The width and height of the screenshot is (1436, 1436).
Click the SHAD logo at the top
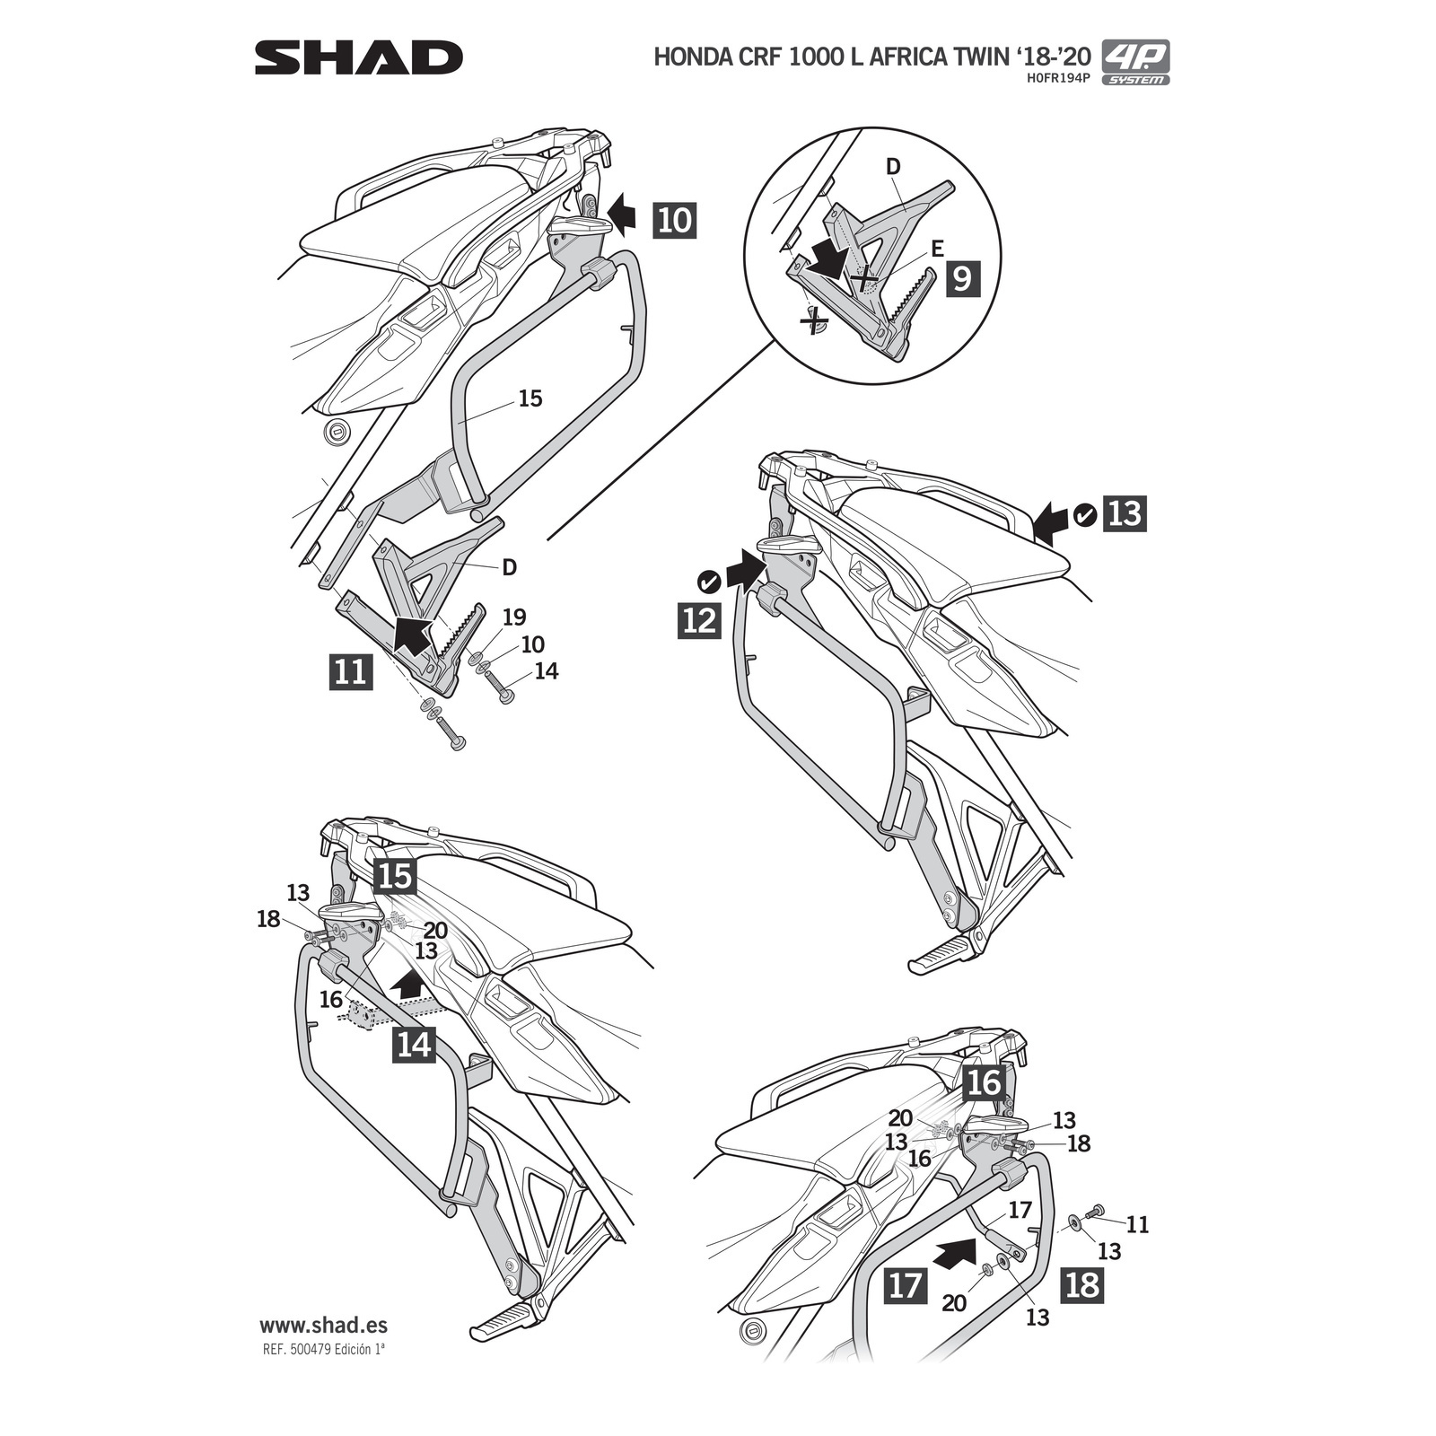click(x=358, y=58)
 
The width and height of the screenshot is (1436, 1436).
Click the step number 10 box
click(x=675, y=219)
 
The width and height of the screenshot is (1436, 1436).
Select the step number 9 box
click(x=960, y=278)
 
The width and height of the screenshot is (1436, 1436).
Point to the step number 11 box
click(x=350, y=670)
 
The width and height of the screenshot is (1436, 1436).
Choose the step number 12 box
click(x=699, y=620)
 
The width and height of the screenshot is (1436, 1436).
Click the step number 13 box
click(x=1125, y=513)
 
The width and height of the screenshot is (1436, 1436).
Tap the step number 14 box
click(x=414, y=1045)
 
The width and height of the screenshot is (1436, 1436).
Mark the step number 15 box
click(x=395, y=876)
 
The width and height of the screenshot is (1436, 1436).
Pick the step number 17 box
click(x=905, y=1284)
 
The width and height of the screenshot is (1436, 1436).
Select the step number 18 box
click(x=1082, y=1284)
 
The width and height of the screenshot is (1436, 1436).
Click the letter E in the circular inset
click(x=937, y=249)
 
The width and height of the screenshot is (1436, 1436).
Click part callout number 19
click(x=514, y=617)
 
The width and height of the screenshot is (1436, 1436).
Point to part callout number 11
click(x=1137, y=1224)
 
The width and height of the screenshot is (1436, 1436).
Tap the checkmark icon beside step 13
click(x=1084, y=515)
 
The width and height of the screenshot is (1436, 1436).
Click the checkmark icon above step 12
click(x=709, y=582)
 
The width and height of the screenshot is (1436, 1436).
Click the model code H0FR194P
click(x=1058, y=79)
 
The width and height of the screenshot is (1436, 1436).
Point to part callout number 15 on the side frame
click(x=530, y=398)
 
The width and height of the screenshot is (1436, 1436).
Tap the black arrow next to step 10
click(x=621, y=214)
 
